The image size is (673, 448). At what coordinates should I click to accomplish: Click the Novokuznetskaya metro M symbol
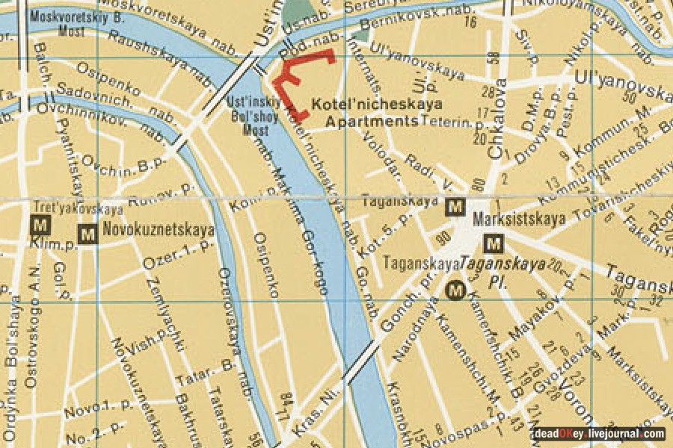(87, 234)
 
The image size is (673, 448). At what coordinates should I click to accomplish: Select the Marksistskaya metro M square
(493, 243)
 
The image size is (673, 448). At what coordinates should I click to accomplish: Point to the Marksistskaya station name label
(519, 221)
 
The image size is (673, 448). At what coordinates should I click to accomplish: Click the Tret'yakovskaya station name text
(78, 208)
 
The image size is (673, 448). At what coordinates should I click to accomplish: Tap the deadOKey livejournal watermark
(598, 434)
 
